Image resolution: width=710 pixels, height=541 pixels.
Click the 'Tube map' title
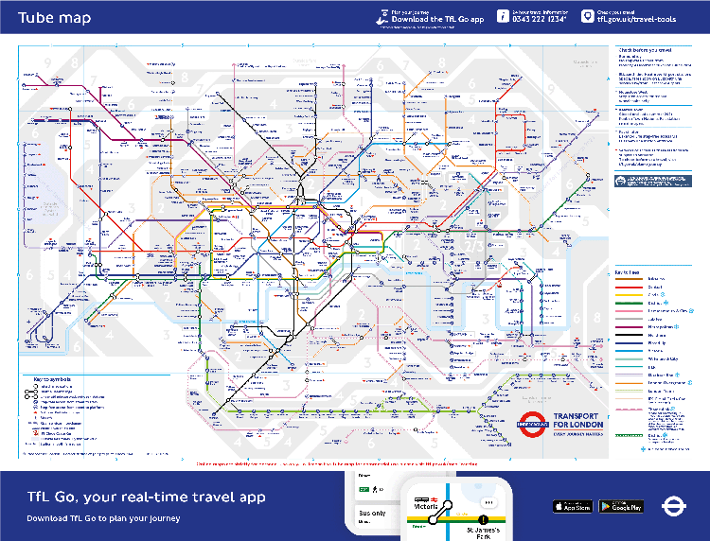[54, 18]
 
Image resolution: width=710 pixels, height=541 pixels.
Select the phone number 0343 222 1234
[540, 19]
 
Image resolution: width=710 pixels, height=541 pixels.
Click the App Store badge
[572, 507]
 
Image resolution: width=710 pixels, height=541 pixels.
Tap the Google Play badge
[621, 507]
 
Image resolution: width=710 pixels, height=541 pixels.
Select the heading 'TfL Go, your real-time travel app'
[146, 497]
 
